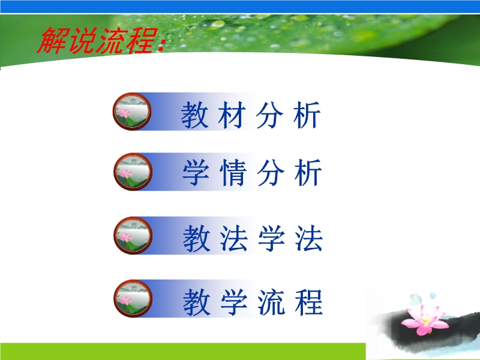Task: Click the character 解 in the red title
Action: coord(52,40)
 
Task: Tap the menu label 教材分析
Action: coord(251,115)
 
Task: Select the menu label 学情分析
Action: coord(252,172)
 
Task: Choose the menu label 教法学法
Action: coord(253,239)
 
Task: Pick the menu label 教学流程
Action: coord(253,302)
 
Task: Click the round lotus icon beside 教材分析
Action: coord(132,112)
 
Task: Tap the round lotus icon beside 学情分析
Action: coord(133,172)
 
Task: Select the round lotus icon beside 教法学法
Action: coord(133,235)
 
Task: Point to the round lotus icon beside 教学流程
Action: coord(133,298)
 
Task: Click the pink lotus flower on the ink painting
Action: coord(424,319)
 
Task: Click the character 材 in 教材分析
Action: coord(232,115)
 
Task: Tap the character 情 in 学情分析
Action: coord(233,172)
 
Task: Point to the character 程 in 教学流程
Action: coord(309,302)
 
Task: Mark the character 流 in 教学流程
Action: coord(271,302)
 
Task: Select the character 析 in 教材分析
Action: coord(307,115)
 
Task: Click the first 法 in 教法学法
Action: coord(234,239)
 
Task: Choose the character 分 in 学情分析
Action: coord(271,172)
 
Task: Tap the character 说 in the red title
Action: coord(82,40)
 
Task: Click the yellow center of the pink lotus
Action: coord(426,320)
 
